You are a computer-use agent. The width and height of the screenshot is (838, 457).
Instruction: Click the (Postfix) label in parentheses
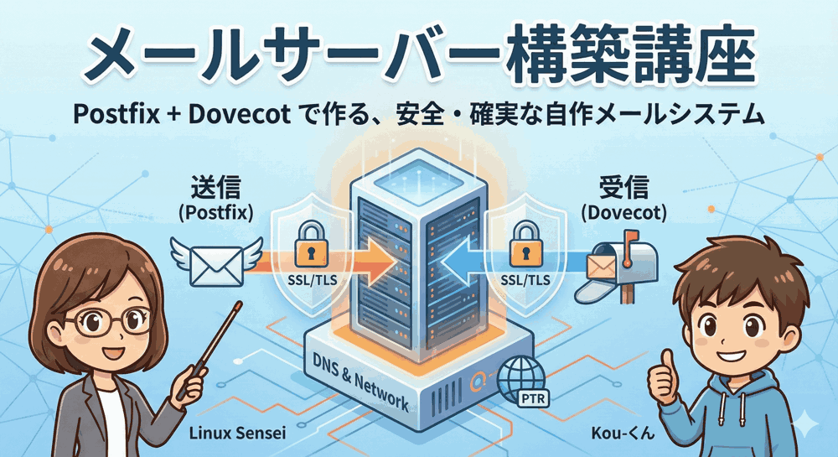point(215,212)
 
